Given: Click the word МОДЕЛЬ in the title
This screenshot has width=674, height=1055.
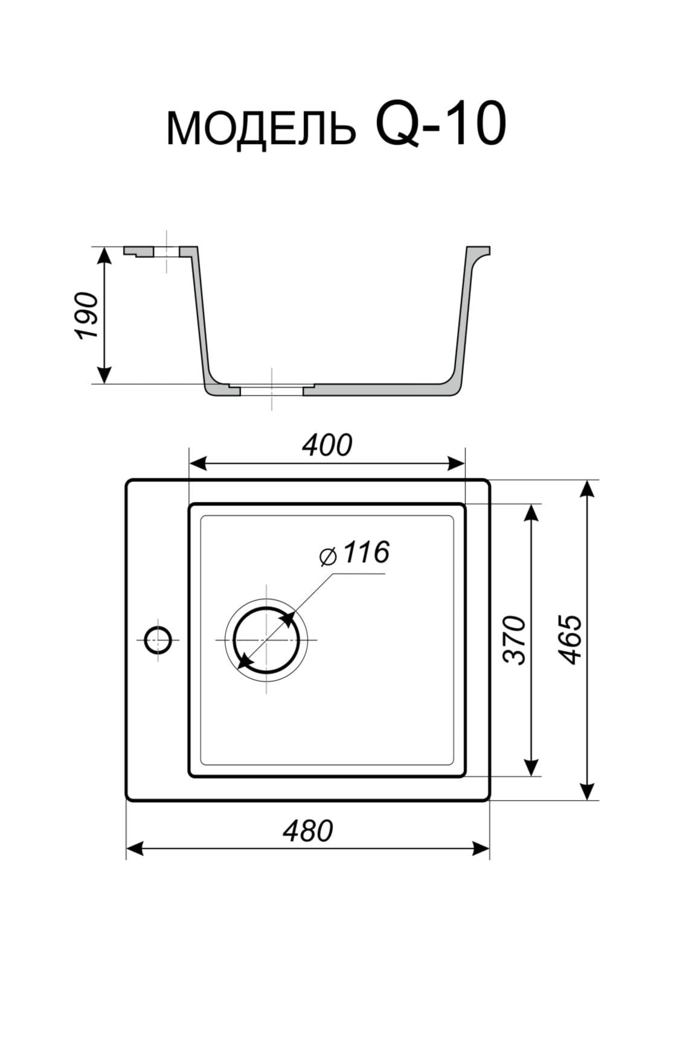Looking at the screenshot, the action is tap(261, 129).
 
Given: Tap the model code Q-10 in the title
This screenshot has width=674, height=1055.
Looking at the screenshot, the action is tap(440, 124).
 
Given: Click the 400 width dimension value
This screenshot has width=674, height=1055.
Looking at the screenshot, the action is tap(327, 446).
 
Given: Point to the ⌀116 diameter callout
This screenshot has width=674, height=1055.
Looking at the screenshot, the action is tap(355, 553).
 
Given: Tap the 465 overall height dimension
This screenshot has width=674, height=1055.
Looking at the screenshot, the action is tap(571, 640).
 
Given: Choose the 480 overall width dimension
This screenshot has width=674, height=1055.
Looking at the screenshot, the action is tap(308, 831).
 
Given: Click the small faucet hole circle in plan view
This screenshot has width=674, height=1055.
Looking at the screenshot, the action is tap(159, 639).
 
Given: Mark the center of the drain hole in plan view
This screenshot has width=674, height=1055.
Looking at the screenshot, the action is tap(266, 639).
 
